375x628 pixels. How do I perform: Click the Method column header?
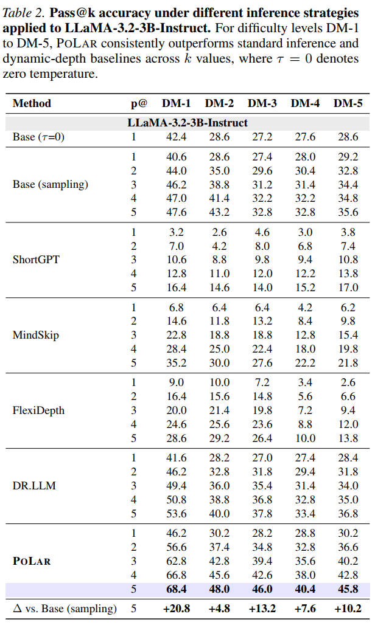(x=32, y=103)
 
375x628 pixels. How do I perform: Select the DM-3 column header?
(x=262, y=103)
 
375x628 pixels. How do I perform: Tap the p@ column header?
(x=139, y=104)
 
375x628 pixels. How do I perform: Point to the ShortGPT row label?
(x=36, y=260)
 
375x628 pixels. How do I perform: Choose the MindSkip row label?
(x=36, y=335)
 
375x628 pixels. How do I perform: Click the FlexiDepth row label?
(x=38, y=410)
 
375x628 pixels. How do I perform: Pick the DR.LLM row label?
(x=34, y=485)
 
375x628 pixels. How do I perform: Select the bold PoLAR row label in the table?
(x=32, y=561)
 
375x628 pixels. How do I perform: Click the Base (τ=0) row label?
(x=38, y=137)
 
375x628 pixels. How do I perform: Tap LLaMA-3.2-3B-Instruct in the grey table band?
(x=187, y=123)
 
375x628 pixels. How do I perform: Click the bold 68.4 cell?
(x=177, y=589)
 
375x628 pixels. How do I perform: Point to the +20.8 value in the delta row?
(x=177, y=609)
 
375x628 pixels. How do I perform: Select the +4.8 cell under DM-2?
(x=219, y=609)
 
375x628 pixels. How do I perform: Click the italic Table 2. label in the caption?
(x=24, y=13)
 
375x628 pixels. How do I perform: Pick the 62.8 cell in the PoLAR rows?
(x=177, y=561)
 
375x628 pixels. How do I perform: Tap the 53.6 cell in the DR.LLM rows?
(x=177, y=514)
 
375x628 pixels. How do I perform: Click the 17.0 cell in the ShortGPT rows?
(x=348, y=288)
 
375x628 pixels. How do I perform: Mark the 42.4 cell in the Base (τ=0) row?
(x=177, y=137)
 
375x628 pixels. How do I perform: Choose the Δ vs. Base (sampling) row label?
(x=65, y=609)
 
